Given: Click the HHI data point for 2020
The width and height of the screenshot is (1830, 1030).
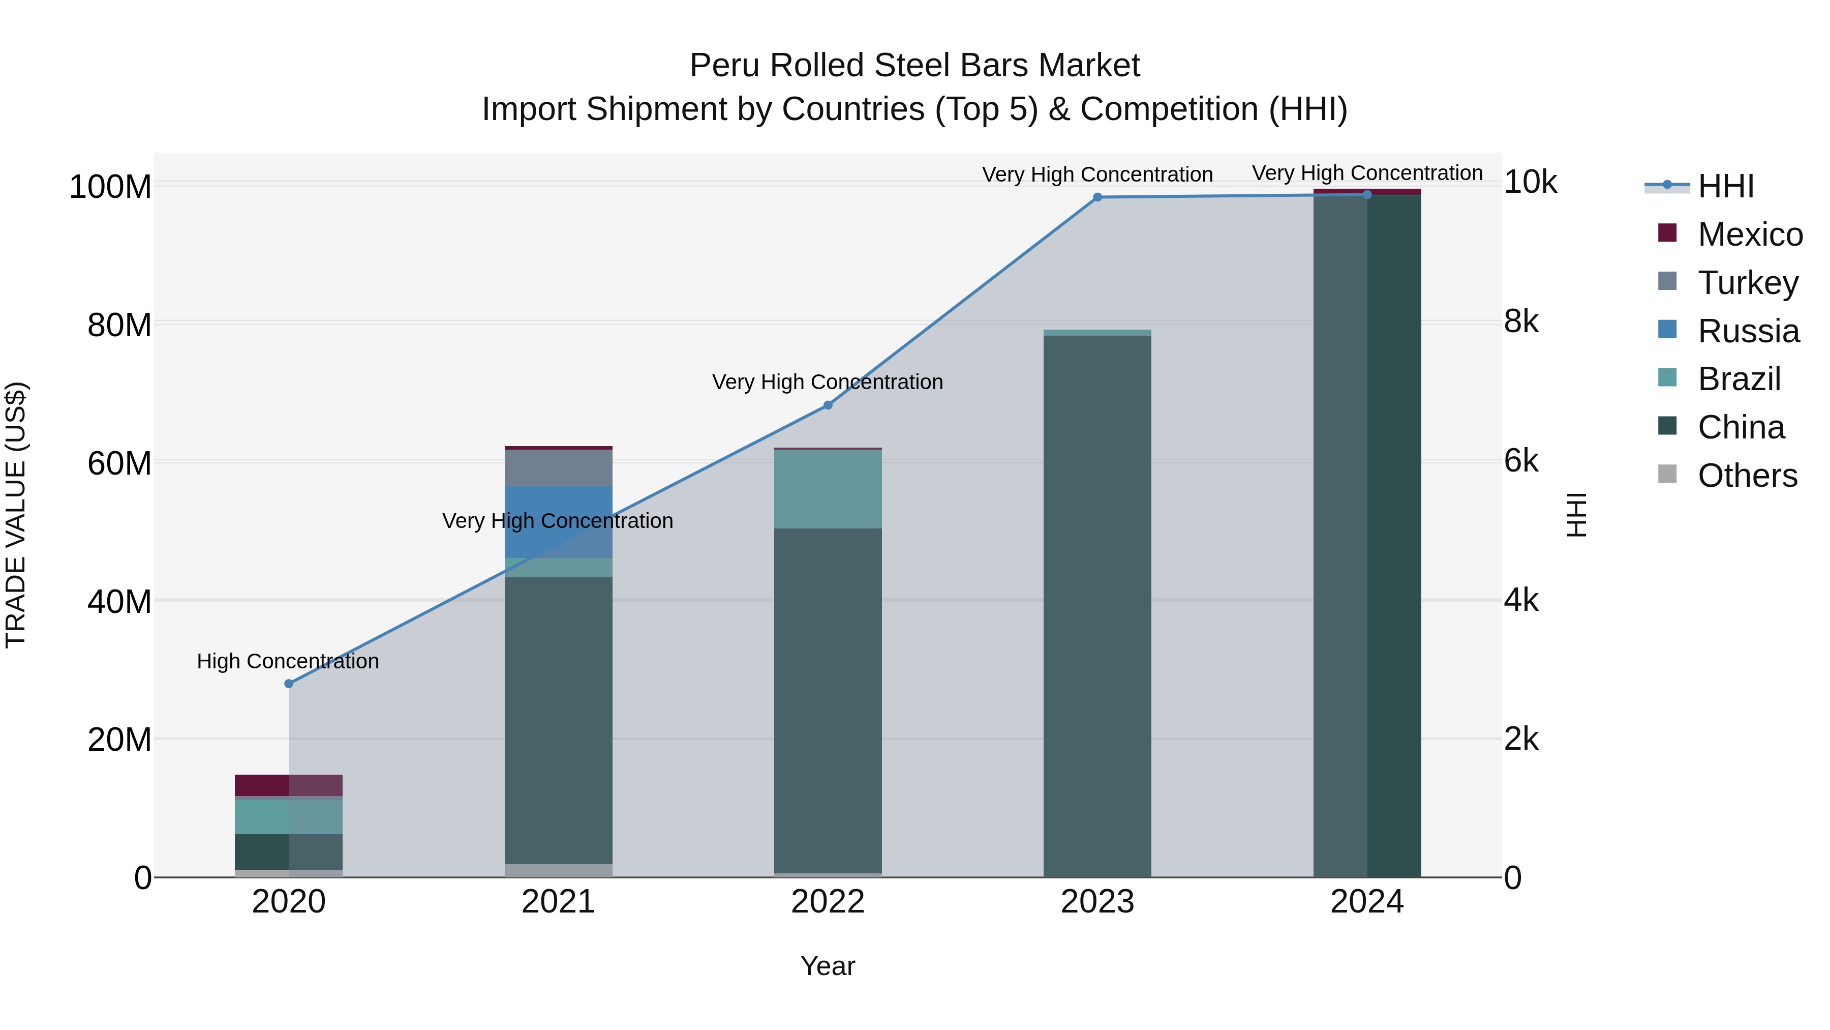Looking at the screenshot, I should pyautogui.click(x=288, y=684).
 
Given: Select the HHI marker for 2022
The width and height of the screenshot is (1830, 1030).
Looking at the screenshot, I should pyautogui.click(x=828, y=405).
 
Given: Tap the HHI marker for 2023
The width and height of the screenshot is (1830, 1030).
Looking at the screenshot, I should pyautogui.click(x=1097, y=197).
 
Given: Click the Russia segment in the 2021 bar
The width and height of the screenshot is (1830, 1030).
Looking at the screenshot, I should pyautogui.click(x=558, y=522).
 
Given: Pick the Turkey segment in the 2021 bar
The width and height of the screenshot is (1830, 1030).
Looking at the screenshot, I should pyautogui.click(x=558, y=468).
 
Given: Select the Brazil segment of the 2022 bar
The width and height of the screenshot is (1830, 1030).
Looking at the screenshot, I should pyautogui.click(x=828, y=489).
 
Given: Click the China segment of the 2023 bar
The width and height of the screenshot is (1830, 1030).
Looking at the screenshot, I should pyautogui.click(x=1097, y=604).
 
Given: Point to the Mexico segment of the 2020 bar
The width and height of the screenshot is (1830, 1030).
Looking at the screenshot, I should pyautogui.click(x=288, y=785).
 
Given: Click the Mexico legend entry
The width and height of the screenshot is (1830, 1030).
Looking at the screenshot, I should pyautogui.click(x=1749, y=234).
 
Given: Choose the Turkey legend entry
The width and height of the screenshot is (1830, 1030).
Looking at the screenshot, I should pyautogui.click(x=1748, y=283).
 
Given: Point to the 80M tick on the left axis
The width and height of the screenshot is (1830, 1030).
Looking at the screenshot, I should pyautogui.click(x=119, y=326).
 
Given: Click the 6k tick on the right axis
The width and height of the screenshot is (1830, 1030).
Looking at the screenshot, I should pyautogui.click(x=1521, y=461).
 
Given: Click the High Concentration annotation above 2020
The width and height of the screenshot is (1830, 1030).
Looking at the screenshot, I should pyautogui.click(x=288, y=661).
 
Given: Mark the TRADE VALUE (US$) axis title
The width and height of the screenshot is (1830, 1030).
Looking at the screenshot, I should pyautogui.click(x=16, y=515).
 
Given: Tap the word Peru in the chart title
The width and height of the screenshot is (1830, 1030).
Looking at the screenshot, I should pyautogui.click(x=725, y=66).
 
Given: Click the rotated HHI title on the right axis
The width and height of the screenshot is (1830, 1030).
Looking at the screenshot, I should pyautogui.click(x=1576, y=515).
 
